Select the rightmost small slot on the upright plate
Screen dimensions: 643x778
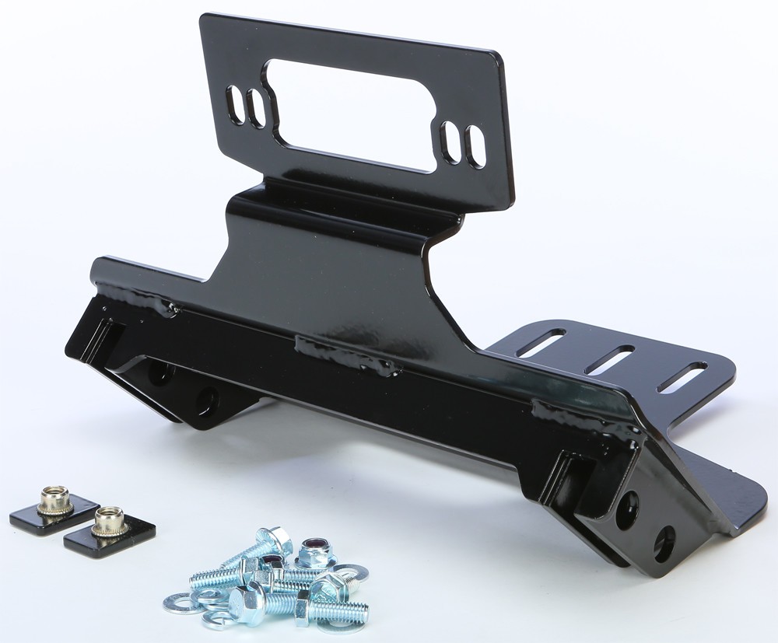click(x=475, y=146)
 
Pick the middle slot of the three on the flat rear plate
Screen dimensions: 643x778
click(x=610, y=360)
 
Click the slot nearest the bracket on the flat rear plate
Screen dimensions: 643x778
click(x=541, y=343)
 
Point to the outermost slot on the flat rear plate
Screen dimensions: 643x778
click(x=682, y=377)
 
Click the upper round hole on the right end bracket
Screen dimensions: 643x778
click(x=627, y=510)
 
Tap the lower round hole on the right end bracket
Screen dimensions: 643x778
click(x=664, y=543)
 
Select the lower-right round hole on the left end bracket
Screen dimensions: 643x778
click(x=207, y=400)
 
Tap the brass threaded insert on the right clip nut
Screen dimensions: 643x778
click(x=110, y=520)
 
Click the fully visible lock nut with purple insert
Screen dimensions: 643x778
click(x=316, y=553)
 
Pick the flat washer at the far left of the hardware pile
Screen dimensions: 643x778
click(x=184, y=603)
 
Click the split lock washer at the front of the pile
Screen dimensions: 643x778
click(x=222, y=618)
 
